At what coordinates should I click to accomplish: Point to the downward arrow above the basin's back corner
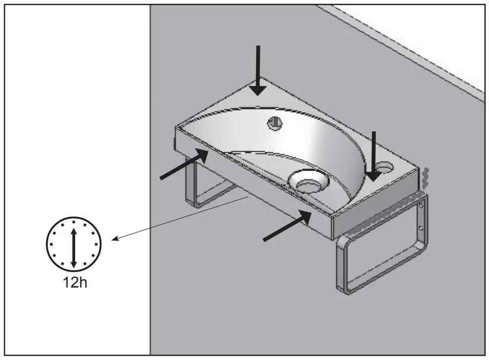point(258,70)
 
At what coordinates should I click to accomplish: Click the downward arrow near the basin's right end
point(374,156)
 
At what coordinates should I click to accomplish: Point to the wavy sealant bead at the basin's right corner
point(425,177)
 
